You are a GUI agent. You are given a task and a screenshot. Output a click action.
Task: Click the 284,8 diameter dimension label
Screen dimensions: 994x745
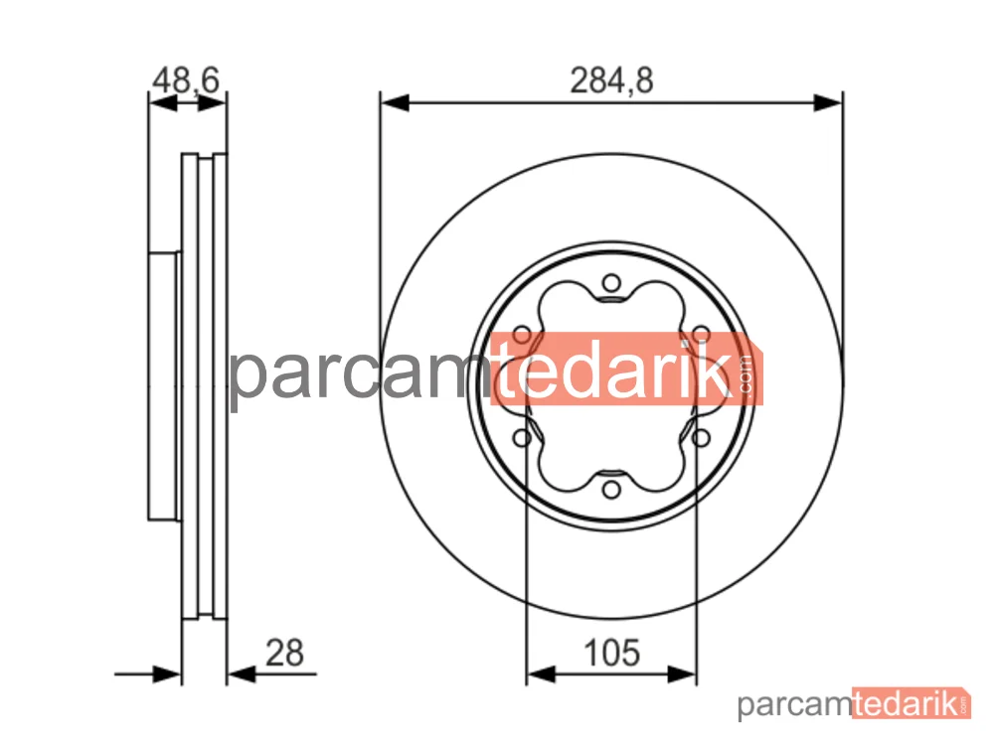click(611, 81)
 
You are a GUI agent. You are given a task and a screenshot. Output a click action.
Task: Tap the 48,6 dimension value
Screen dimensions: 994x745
click(186, 80)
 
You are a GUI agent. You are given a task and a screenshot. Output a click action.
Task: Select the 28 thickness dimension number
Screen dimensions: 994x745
click(284, 654)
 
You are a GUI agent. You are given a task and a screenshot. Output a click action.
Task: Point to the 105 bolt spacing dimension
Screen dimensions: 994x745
click(611, 654)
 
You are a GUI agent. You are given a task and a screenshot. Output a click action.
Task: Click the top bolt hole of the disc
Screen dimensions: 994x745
click(611, 282)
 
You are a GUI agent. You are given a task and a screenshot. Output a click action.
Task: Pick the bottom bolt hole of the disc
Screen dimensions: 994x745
click(611, 490)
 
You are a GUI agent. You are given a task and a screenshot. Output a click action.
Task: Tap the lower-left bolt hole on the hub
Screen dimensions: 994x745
click(522, 438)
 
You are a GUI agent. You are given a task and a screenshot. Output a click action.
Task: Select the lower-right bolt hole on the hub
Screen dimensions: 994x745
click(701, 438)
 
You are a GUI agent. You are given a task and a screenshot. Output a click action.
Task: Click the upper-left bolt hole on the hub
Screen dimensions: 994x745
click(522, 335)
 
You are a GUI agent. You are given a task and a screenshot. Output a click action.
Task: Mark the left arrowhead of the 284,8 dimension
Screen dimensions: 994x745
click(395, 102)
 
